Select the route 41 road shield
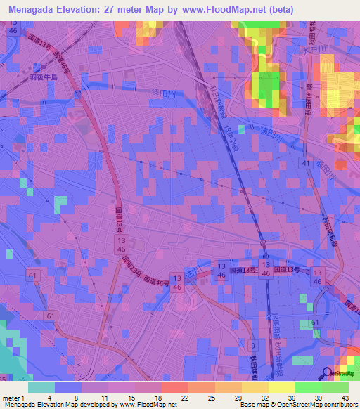[304, 163]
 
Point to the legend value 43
[345, 398]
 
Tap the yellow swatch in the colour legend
[281, 387]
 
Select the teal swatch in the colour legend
[41, 387]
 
